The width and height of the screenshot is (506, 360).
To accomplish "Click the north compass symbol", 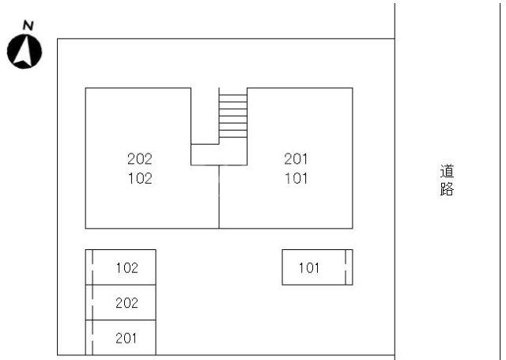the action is tap(25, 52).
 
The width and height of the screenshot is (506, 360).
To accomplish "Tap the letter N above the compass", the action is tap(28, 25).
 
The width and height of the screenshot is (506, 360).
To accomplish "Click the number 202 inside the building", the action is tap(140, 159).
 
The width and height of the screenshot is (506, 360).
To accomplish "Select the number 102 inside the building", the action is tap(140, 178).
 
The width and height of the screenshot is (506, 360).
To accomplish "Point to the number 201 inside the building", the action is tap(296, 159).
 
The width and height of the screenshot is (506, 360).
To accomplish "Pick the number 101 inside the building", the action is tap(296, 178).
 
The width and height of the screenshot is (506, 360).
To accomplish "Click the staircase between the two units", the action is tap(233, 116).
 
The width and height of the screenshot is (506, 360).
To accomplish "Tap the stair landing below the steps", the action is tap(219, 154).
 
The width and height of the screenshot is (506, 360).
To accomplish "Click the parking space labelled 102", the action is tap(121, 267).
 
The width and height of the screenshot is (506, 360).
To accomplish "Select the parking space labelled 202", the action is tap(121, 302).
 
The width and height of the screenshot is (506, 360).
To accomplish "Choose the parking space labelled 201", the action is tap(121, 338).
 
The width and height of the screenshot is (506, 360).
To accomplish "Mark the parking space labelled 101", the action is tap(317, 267).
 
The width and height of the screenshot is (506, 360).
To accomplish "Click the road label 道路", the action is tap(447, 180).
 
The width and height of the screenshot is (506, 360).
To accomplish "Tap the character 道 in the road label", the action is tap(447, 171).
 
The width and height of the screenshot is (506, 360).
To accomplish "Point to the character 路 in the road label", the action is tap(447, 189).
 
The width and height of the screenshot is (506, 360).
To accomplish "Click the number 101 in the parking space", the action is tap(309, 267).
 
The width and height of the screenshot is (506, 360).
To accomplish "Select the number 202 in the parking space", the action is tap(126, 303).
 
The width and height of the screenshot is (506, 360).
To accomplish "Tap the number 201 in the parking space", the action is tap(126, 338).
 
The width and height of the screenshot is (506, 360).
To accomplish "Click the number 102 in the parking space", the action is tap(127, 267).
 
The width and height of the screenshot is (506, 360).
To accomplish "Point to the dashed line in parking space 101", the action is tap(346, 267).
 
